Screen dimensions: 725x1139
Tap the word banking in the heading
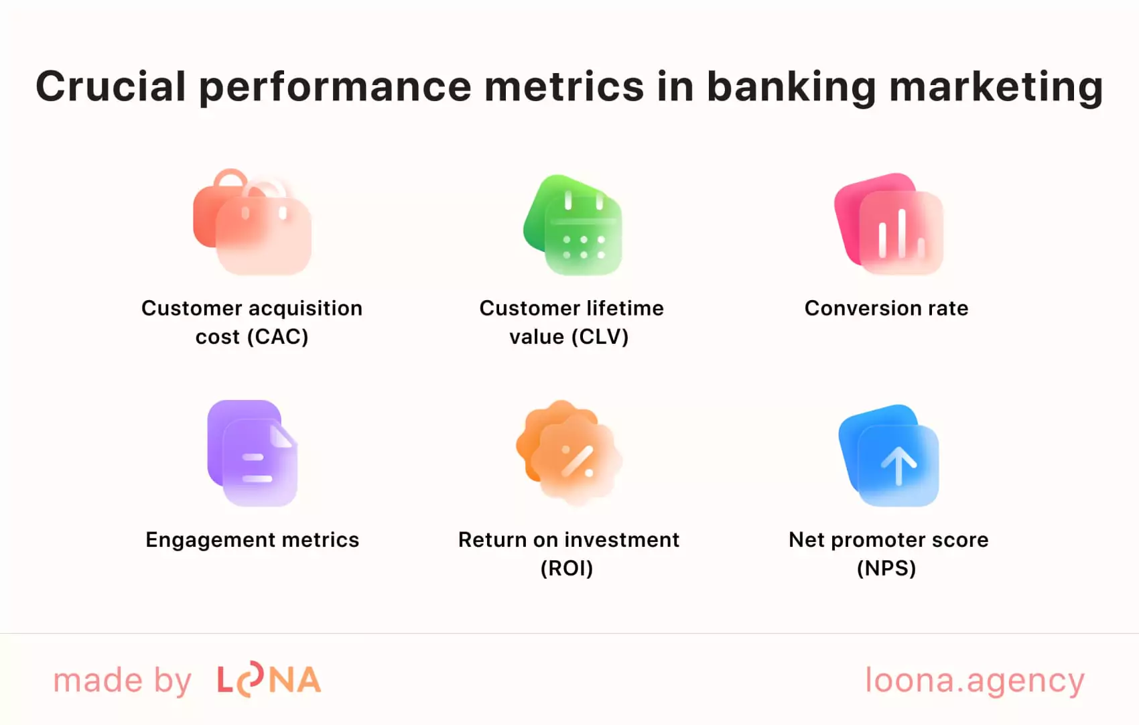[x=791, y=88]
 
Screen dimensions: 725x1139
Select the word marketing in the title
[x=996, y=88]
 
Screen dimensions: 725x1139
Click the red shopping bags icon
[x=253, y=222]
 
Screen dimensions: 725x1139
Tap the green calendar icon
[x=574, y=225]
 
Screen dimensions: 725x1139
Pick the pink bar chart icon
[x=889, y=224]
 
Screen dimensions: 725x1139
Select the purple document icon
[x=253, y=453]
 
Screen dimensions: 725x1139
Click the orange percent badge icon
[x=569, y=453]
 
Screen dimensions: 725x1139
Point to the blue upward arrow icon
[x=890, y=456]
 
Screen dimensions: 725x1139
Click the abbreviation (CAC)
[x=277, y=336]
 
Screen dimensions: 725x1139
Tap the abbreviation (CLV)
[x=600, y=336]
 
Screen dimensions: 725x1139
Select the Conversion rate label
[x=886, y=308]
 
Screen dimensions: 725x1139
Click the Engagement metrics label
[x=253, y=540]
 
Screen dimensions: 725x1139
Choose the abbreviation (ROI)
[x=567, y=568]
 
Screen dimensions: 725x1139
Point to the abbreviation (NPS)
[x=886, y=568]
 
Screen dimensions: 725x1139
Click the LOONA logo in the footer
[x=269, y=680]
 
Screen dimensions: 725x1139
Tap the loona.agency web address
[x=975, y=681]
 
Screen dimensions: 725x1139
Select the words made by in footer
[x=123, y=681]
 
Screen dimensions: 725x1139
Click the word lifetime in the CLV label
[x=623, y=308]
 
